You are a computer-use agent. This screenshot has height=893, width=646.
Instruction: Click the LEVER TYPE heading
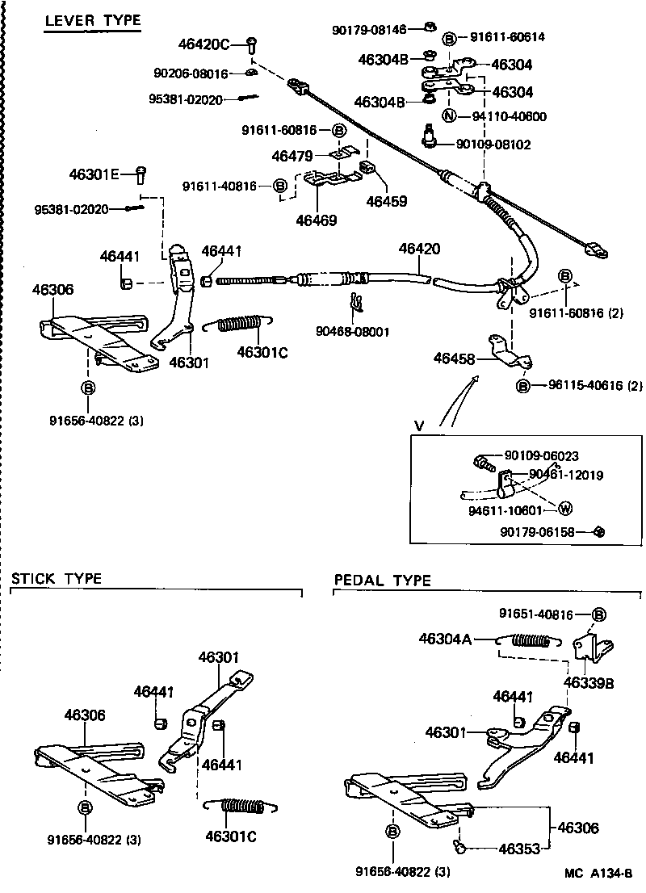[x=92, y=20]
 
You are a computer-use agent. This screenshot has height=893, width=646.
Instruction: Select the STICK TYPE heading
[x=57, y=579]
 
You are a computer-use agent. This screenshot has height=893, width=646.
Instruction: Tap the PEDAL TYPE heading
[x=383, y=581]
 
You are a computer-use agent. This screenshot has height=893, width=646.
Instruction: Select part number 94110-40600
[x=509, y=116]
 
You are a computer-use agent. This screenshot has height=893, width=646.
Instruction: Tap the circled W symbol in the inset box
[x=564, y=509]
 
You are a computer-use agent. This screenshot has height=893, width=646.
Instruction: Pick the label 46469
[x=317, y=220]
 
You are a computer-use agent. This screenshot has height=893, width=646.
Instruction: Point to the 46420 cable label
[x=419, y=249]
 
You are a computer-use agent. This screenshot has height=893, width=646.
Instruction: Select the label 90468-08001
[x=354, y=331]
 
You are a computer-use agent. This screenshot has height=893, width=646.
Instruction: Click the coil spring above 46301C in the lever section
[x=239, y=323]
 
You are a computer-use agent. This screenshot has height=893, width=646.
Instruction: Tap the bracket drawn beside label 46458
[x=509, y=354]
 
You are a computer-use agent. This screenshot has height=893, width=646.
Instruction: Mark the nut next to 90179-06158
[x=600, y=531]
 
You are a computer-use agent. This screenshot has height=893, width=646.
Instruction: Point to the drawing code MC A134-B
[x=598, y=874]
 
